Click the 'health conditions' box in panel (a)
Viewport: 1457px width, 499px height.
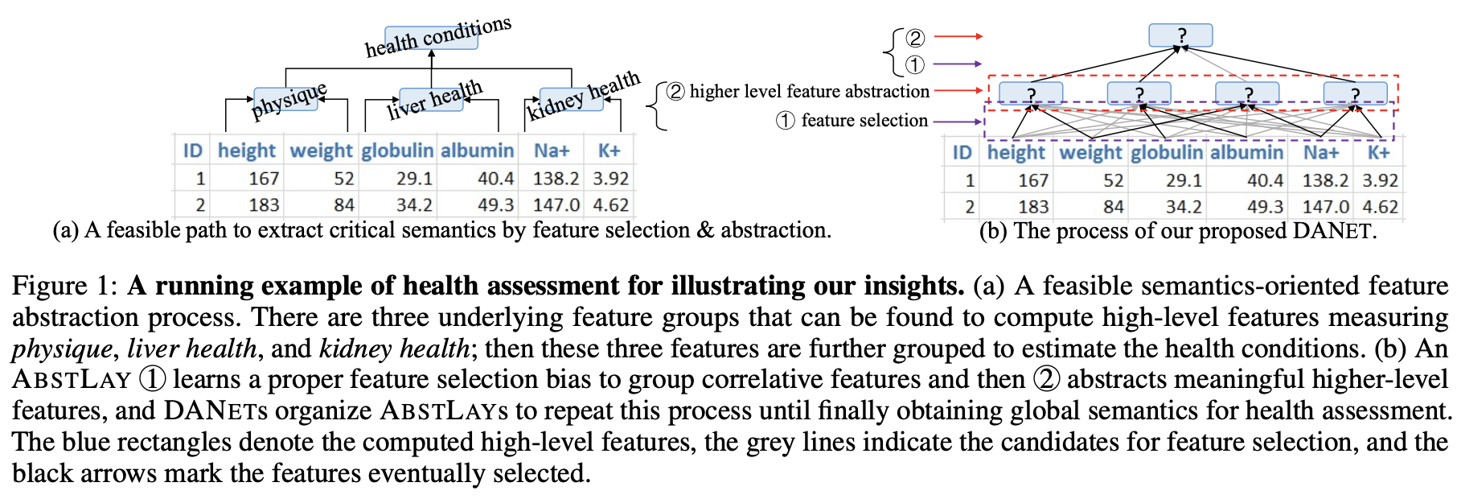pos(432,37)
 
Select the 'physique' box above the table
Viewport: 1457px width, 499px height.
pos(287,100)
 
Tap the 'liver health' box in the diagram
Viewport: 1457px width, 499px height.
pos(432,101)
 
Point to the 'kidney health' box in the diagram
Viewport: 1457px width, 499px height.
pos(571,100)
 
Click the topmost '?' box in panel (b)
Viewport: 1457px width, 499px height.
pos(1180,35)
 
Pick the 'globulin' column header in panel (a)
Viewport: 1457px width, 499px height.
pos(397,151)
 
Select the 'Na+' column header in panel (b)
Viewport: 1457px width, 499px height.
pos(1321,152)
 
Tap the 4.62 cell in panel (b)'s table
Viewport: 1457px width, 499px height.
pos(1380,207)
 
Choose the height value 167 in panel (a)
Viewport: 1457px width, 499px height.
pos(263,178)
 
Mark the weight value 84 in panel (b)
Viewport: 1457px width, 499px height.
pos(1113,207)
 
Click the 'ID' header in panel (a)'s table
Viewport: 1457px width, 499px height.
pos(193,151)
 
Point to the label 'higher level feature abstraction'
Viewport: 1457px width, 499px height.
pos(809,91)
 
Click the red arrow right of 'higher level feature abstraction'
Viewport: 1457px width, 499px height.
pos(958,90)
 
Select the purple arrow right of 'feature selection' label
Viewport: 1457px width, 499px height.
pos(958,122)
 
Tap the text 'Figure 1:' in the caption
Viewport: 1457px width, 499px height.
pos(64,286)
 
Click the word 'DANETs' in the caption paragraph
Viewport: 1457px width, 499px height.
pos(215,410)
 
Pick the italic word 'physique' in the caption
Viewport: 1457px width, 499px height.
pos(62,348)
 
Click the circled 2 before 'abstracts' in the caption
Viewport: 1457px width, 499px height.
pos(1046,379)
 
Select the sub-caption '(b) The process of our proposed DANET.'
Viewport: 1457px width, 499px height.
pos(1177,231)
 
